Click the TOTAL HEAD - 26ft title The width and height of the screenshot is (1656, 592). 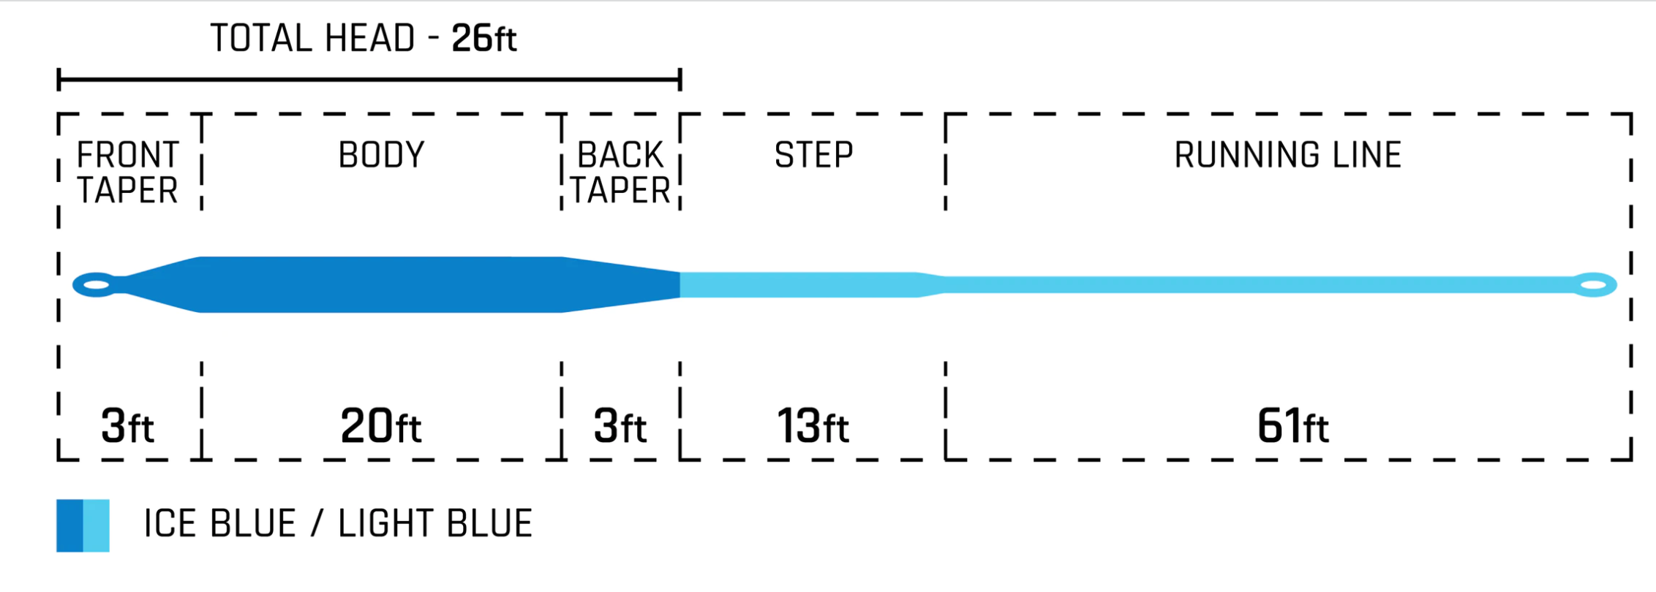point(364,39)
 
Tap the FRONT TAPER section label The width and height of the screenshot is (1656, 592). point(128,173)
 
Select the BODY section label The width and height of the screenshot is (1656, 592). point(381,155)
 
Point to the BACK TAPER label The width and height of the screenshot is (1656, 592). point(620,173)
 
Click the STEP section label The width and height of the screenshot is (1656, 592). point(813,155)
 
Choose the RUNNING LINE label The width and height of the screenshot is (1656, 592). point(1287,155)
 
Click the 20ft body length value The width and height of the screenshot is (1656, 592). point(380,426)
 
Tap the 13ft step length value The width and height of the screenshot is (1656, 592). point(813,426)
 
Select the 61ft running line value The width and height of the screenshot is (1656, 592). point(1292,426)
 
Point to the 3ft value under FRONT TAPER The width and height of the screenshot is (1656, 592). point(127,426)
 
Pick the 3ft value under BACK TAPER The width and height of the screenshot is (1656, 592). point(620,426)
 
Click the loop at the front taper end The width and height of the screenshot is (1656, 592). point(96,284)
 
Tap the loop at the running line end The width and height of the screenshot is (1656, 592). point(1595,284)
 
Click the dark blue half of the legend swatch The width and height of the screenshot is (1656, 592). point(70,525)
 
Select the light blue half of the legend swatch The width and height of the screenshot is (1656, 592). point(97,525)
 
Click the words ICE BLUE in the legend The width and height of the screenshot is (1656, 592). point(220,524)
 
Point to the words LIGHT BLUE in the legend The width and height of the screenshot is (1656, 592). point(434,524)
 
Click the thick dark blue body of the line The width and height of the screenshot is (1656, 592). point(380,284)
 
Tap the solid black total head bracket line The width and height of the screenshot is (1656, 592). point(369,79)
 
